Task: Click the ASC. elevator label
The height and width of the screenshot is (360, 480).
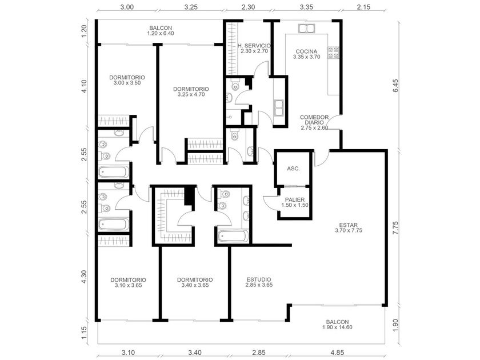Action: click(293, 169)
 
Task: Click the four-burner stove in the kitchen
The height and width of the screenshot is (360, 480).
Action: click(333, 53)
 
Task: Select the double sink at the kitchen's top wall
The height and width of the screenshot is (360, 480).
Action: click(306, 29)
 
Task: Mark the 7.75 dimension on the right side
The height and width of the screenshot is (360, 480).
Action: click(395, 228)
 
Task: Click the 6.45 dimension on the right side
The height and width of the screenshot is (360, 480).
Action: click(395, 86)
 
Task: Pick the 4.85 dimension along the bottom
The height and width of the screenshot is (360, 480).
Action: click(337, 353)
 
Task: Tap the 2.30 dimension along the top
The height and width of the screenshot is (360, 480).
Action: click(247, 7)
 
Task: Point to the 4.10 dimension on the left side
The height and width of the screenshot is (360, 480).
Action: click(84, 86)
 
